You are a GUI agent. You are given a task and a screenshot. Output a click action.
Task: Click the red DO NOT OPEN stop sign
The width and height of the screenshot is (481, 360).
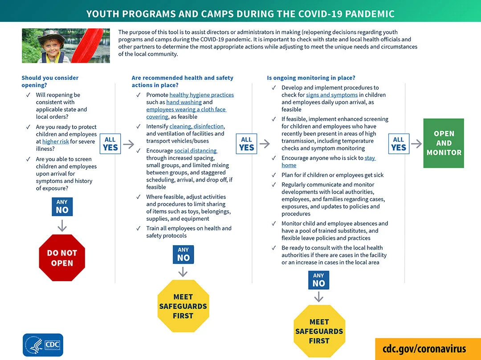click(62, 258)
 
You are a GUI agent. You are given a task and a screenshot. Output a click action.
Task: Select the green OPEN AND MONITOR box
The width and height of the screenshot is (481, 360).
click(444, 143)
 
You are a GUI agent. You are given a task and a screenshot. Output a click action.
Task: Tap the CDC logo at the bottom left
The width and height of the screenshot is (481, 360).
click(43, 345)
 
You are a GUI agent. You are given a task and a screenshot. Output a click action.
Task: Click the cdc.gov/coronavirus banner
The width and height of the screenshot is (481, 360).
click(424, 348)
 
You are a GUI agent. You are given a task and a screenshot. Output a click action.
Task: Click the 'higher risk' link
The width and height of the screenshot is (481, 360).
click(56, 142)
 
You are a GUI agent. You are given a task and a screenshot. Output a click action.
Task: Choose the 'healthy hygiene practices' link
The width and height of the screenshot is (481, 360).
click(201, 95)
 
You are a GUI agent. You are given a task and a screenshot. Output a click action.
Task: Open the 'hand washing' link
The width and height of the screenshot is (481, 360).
click(184, 102)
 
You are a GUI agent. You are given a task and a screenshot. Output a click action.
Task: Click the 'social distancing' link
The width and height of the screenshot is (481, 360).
click(196, 151)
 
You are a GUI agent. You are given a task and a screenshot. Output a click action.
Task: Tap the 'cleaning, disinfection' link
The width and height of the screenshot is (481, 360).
click(196, 126)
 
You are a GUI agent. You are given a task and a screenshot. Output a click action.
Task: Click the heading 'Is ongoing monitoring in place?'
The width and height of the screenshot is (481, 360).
click(311, 78)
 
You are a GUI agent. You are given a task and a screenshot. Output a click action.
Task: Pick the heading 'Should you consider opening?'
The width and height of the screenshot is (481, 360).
click(50, 81)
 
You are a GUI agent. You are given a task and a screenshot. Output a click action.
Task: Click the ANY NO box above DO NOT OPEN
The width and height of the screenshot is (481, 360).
click(62, 207)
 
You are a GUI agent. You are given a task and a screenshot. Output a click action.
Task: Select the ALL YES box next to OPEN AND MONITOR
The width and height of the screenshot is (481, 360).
click(399, 144)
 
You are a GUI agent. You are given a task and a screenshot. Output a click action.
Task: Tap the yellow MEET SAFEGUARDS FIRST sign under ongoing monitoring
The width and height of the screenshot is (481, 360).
click(319, 331)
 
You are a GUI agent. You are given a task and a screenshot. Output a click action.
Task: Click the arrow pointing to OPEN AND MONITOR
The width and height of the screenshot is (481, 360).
click(416, 144)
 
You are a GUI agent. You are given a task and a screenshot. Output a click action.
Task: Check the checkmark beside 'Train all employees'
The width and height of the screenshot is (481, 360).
click(138, 228)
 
